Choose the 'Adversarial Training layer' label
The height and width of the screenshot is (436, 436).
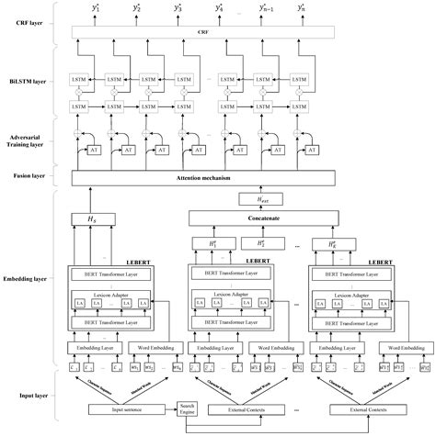click(x=28, y=137)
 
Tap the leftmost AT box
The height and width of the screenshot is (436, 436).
click(x=93, y=149)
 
